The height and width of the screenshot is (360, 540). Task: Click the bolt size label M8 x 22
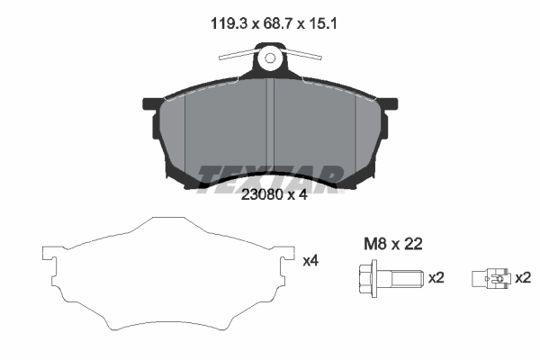[392, 243]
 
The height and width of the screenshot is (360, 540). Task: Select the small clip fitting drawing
[490, 279]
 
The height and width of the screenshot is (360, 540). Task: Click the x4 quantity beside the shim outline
[310, 261]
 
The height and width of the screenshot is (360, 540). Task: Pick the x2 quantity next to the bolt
[436, 278]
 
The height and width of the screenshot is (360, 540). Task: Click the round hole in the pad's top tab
[270, 61]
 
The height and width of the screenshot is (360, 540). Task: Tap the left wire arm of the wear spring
[239, 56]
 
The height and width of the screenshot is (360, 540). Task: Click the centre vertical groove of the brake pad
[271, 126]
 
